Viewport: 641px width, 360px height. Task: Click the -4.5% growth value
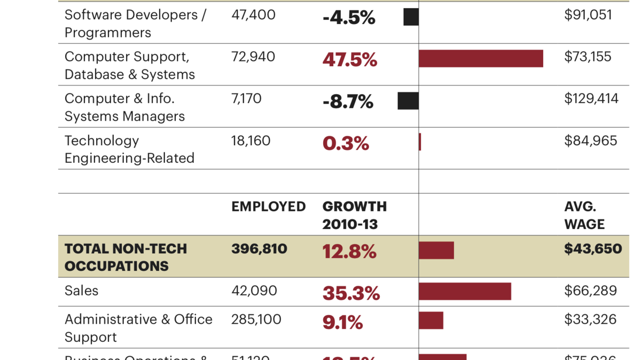[349, 18]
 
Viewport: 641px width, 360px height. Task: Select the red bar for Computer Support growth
[481, 59]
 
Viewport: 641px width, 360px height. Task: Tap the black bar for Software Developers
[411, 17]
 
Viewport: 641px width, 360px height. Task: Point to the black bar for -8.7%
[408, 101]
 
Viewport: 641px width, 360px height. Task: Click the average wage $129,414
[591, 99]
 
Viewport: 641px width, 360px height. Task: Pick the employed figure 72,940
[253, 57]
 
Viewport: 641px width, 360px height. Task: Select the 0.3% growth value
[346, 144]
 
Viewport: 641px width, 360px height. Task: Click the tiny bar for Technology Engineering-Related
[420, 142]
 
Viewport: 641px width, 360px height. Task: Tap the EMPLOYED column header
[268, 207]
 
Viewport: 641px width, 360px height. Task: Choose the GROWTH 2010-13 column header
[354, 215]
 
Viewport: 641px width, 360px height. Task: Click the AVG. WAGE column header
[584, 215]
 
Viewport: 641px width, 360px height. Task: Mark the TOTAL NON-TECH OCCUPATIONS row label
[126, 257]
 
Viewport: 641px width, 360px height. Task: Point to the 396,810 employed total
[259, 249]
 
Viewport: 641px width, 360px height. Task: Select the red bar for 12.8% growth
[436, 251]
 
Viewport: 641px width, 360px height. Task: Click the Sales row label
[81, 291]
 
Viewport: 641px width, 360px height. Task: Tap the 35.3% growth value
[351, 294]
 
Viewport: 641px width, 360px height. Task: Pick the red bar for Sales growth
[465, 292]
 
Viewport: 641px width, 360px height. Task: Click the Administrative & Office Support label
[138, 328]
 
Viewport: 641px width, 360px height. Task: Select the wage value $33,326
[590, 319]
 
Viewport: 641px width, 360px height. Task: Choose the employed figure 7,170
[246, 99]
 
